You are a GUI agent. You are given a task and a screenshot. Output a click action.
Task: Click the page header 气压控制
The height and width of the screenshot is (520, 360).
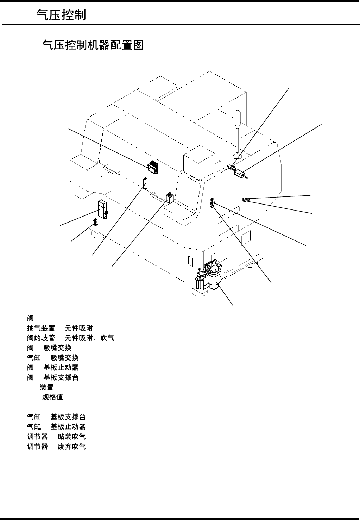pyautogui.click(x=61, y=15)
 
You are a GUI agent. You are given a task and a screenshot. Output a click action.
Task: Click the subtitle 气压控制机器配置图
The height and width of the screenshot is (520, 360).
pyautogui.click(x=93, y=45)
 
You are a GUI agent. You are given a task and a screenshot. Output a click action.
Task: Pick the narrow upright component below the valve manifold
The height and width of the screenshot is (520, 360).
pyautogui.click(x=144, y=183)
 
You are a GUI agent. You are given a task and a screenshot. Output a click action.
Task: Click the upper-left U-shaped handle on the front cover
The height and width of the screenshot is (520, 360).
pyautogui.click(x=112, y=170)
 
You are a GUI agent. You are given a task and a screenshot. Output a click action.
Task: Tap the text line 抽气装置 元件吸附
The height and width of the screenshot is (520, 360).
pyautogui.click(x=60, y=328)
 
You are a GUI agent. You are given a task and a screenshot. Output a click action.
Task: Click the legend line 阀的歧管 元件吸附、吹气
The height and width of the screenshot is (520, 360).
pyautogui.click(x=70, y=338)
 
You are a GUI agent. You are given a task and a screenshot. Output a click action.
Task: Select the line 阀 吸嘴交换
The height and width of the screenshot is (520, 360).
pyautogui.click(x=49, y=348)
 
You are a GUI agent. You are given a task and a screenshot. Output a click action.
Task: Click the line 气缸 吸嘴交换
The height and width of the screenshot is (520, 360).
pyautogui.click(x=53, y=358)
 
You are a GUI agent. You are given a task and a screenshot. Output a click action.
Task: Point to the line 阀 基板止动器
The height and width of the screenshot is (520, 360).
pyautogui.click(x=53, y=368)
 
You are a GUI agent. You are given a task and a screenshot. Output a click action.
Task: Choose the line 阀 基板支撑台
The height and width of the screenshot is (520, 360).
pyautogui.click(x=53, y=377)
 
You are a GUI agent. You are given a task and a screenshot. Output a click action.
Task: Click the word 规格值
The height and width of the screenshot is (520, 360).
pyautogui.click(x=53, y=397)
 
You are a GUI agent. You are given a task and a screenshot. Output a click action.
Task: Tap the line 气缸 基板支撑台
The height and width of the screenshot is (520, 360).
pyautogui.click(x=56, y=417)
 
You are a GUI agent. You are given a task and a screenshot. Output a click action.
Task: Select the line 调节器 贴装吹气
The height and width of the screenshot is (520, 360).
pyautogui.click(x=56, y=437)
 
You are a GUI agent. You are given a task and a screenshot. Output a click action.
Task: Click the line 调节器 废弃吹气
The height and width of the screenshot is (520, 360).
pyautogui.click(x=56, y=446)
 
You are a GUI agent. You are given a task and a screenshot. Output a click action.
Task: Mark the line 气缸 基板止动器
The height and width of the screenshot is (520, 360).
pyautogui.click(x=56, y=427)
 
